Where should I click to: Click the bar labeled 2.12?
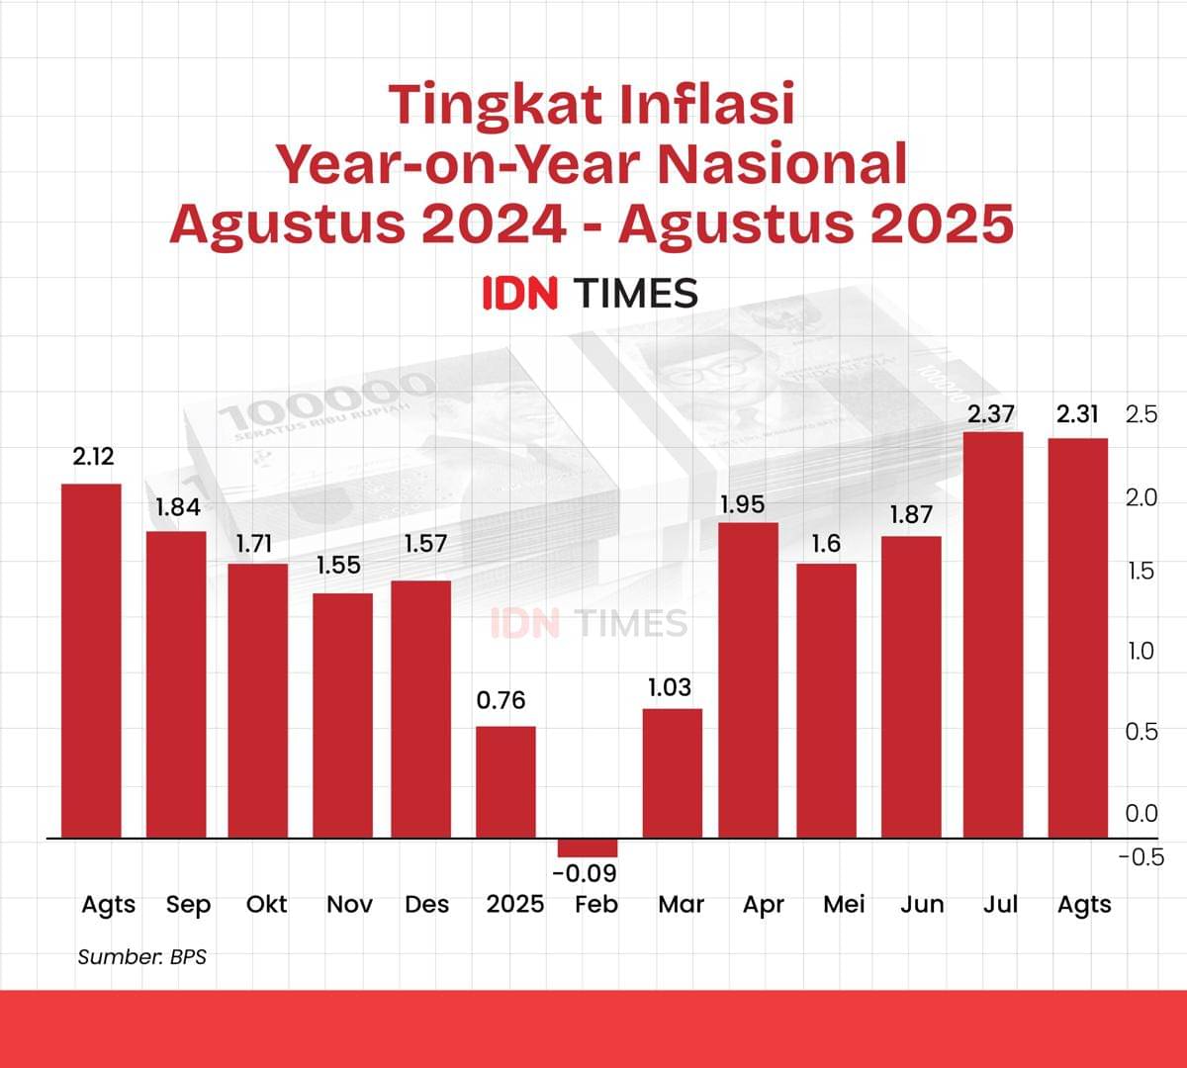pyautogui.click(x=91, y=661)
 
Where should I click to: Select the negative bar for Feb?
pyautogui.click(x=588, y=847)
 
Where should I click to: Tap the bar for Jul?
pyautogui.click(x=993, y=635)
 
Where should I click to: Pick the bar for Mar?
pyautogui.click(x=673, y=773)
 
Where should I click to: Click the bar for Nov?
pyautogui.click(x=343, y=716)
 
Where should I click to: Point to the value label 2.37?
pyautogui.click(x=991, y=414)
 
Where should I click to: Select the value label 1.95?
pyautogui.click(x=742, y=504)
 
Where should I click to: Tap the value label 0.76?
pyautogui.click(x=502, y=701)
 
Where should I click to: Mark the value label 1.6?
pyautogui.click(x=826, y=544)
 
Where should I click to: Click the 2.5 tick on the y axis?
pyautogui.click(x=1141, y=414)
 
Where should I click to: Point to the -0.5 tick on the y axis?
pyautogui.click(x=1141, y=857)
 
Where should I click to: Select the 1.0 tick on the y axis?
pyautogui.click(x=1141, y=651)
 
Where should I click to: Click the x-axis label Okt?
pyautogui.click(x=266, y=904)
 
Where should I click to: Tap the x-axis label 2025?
pyautogui.click(x=514, y=904)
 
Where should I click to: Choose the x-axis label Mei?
pyautogui.click(x=844, y=904)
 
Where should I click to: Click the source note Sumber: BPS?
pyautogui.click(x=141, y=956)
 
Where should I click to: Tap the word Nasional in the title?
pyautogui.click(x=782, y=164)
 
